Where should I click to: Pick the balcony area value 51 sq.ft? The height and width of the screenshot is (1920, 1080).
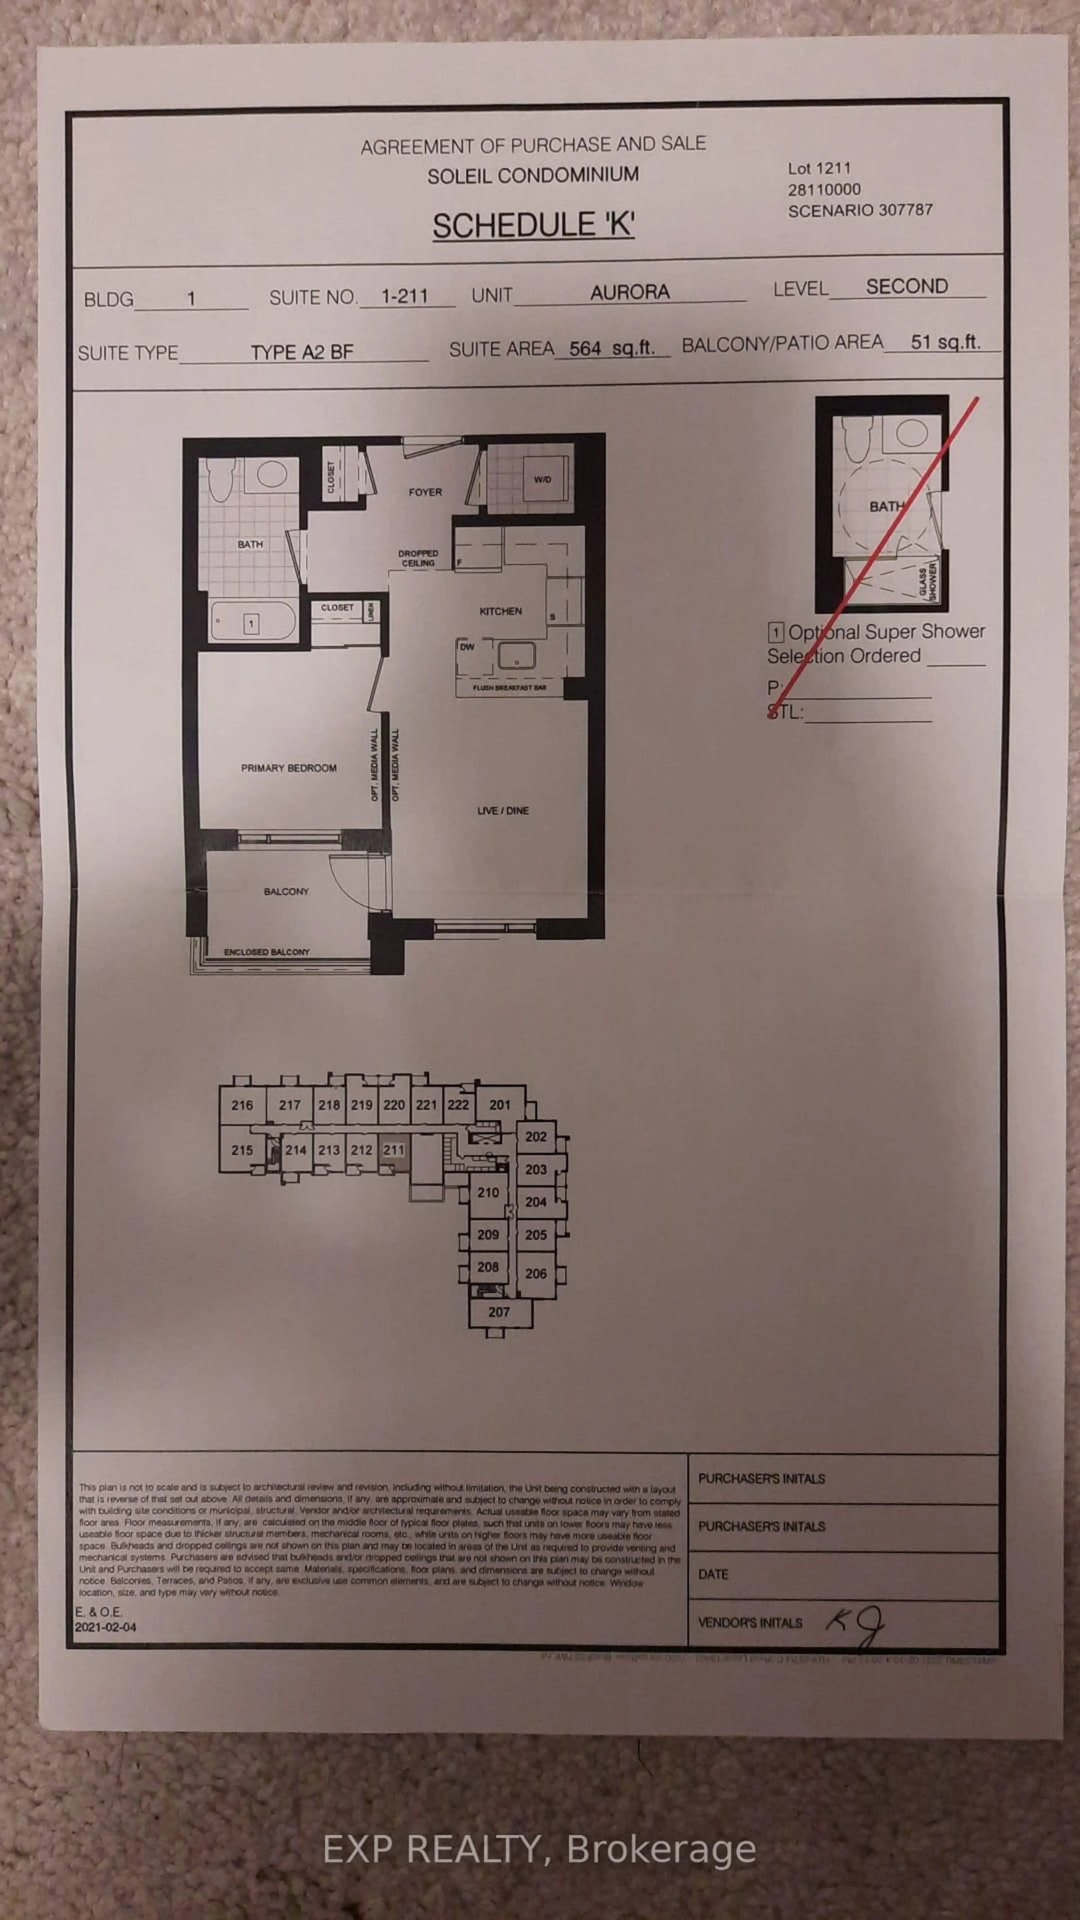click(944, 342)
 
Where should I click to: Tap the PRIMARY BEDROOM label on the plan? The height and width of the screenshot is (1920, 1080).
click(289, 768)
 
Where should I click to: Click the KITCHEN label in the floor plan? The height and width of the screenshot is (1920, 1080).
click(500, 611)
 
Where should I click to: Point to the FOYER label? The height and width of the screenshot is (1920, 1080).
click(425, 492)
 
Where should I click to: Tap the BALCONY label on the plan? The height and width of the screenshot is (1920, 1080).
click(285, 892)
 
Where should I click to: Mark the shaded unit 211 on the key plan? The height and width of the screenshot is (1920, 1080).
click(393, 1150)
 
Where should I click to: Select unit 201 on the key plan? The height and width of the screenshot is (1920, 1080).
click(499, 1105)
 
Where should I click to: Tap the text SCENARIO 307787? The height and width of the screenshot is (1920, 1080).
click(860, 210)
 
